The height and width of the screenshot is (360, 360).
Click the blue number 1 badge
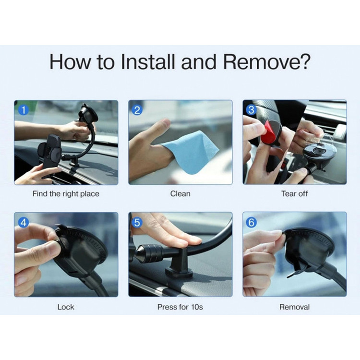23,110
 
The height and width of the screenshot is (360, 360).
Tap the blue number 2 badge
137,110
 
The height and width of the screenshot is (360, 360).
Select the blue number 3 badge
251,110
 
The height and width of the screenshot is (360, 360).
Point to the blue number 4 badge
23,222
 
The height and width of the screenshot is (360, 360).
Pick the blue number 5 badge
137,222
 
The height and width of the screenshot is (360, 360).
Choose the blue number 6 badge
251,222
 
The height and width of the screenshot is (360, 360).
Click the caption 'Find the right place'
66,194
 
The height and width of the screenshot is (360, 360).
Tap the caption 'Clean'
180,194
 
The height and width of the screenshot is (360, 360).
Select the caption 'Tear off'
295,194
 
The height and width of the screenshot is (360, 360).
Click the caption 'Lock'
66,307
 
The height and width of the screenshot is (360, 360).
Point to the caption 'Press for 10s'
180,307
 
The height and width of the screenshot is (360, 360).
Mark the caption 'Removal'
295,307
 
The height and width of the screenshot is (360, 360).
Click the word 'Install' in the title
148,61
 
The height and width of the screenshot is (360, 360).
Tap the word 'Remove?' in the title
267,61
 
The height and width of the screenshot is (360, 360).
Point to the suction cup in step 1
88,113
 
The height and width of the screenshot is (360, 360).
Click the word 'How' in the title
70,61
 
